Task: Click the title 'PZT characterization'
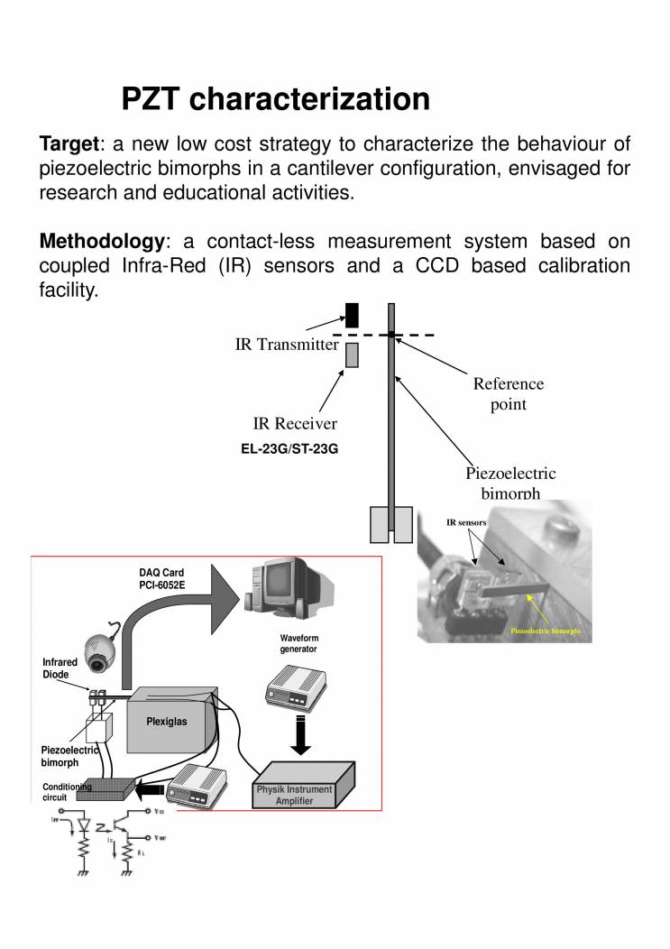[x=275, y=98]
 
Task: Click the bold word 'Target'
[x=69, y=144]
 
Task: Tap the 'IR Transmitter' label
[x=287, y=344]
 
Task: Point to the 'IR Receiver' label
[x=295, y=424]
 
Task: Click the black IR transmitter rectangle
[x=353, y=313]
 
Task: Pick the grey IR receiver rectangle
[x=353, y=355]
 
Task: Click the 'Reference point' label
[x=509, y=393]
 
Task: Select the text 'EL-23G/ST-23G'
[x=289, y=448]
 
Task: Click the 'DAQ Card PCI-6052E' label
[x=161, y=578]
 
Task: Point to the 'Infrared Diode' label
[x=60, y=668]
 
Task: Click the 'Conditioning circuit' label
[x=66, y=792]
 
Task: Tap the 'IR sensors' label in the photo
[x=466, y=522]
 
